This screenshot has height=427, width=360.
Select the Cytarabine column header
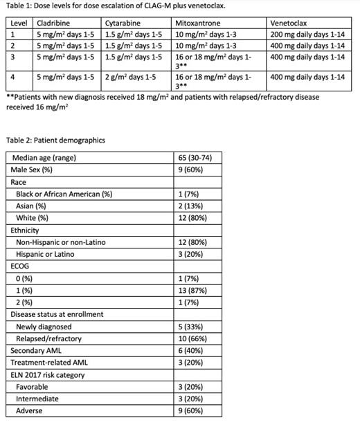pos(123,23)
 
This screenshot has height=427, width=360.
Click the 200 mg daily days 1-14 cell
pos(307,33)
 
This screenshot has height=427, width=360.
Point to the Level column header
pos(19,23)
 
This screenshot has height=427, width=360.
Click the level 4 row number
pos(14,77)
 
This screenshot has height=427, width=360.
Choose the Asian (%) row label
pos(31,206)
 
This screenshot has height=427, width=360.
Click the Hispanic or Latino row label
pos(45,254)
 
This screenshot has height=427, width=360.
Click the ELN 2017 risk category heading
pos(48,375)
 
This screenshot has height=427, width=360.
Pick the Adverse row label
pos(29,410)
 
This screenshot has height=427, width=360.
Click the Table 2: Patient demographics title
pos(55,140)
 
